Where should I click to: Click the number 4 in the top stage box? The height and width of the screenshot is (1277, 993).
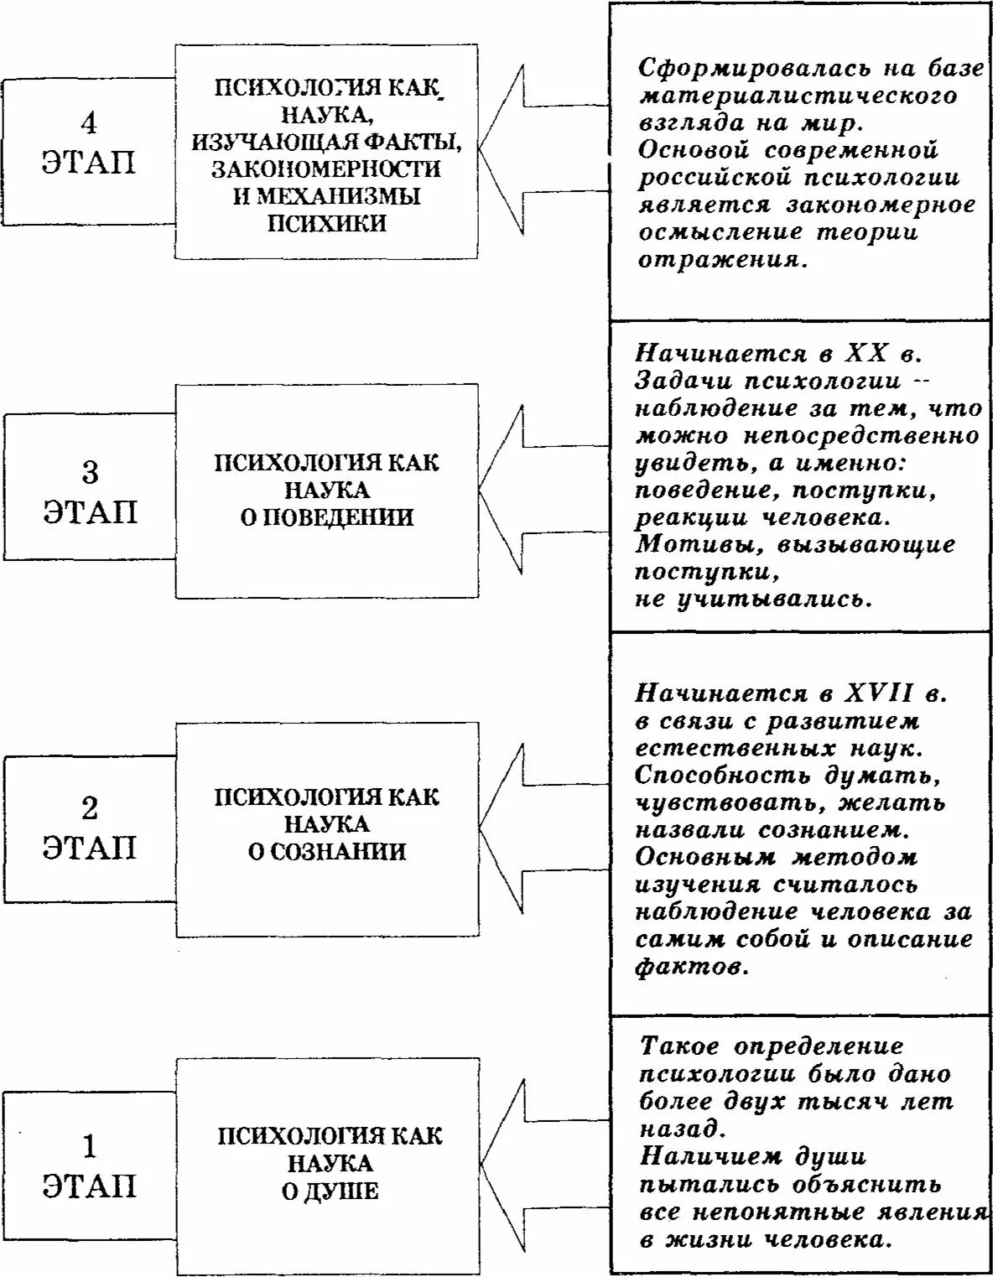click(x=88, y=123)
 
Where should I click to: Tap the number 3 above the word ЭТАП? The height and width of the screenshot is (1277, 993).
click(x=90, y=473)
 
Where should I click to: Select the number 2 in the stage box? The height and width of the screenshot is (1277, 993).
click(x=89, y=808)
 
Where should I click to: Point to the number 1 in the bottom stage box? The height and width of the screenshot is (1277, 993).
click(x=90, y=1145)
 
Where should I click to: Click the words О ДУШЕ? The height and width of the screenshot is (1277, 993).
click(x=330, y=1191)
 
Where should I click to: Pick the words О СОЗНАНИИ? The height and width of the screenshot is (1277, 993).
click(x=327, y=852)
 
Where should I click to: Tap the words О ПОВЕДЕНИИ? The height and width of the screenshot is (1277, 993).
click(x=327, y=517)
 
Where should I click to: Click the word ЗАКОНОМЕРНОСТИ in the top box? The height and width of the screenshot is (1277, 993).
click(x=326, y=169)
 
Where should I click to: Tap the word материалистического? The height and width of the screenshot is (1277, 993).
click(x=798, y=96)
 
